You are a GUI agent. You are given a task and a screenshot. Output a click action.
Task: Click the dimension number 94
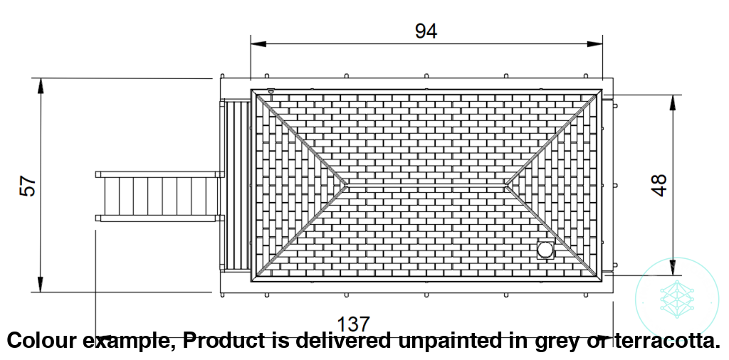click(x=426, y=31)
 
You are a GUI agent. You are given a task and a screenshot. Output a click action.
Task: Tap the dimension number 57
click(x=28, y=186)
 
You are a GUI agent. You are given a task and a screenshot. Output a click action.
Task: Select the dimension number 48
click(x=659, y=185)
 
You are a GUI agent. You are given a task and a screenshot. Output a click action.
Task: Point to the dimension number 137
click(x=353, y=324)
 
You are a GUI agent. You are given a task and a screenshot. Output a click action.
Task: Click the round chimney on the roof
click(x=545, y=250)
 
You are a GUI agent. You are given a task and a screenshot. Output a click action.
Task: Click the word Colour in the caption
click(x=38, y=341)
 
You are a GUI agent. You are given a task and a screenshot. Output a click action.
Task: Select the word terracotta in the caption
click(x=667, y=341)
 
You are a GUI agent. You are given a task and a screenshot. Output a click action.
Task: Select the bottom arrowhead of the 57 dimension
click(x=41, y=285)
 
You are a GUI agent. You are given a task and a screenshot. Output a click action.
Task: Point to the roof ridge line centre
click(x=426, y=185)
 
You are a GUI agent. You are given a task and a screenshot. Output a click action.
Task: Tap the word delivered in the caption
click(x=342, y=341)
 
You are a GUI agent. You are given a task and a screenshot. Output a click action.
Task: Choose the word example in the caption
click(x=124, y=342)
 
